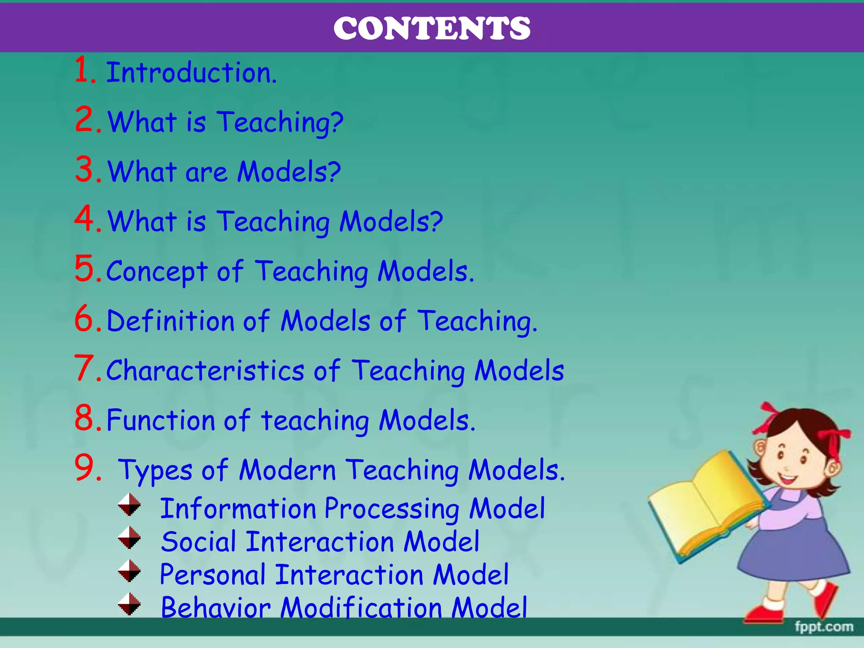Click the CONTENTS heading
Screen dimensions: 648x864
[x=432, y=28]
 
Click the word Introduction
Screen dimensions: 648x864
[x=191, y=73]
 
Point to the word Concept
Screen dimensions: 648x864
[x=157, y=271]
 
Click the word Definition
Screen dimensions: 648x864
[x=170, y=321]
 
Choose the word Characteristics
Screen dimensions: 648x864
[x=205, y=370]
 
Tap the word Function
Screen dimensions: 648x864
[x=161, y=420]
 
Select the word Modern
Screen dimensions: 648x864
[x=287, y=470]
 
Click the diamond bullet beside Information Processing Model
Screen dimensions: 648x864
[x=129, y=505]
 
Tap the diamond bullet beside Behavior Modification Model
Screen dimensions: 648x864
[x=129, y=604]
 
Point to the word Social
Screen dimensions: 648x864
[x=198, y=542]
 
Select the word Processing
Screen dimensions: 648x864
[x=392, y=509]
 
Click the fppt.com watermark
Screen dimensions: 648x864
[x=823, y=627]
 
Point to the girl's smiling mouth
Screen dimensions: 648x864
[x=787, y=479]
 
